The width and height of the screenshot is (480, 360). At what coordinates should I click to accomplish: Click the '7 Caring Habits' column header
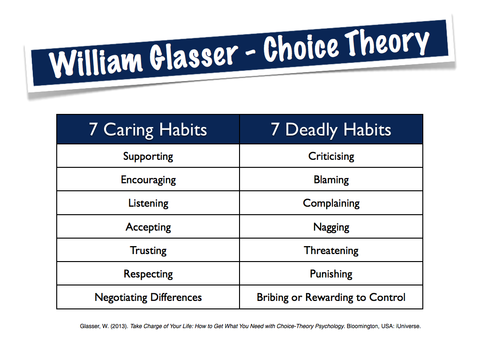tap(148, 129)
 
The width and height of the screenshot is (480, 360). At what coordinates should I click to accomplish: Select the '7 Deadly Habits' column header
tap(331, 129)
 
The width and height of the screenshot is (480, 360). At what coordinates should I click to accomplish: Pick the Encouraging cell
tap(148, 180)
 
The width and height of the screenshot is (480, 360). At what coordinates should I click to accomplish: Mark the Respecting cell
tap(148, 274)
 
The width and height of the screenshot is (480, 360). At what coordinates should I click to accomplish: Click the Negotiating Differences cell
tap(148, 297)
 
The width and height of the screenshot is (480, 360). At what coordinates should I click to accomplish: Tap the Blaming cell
tap(331, 180)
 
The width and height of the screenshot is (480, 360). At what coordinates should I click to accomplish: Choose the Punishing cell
tap(331, 274)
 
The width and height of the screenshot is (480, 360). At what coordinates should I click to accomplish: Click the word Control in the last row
tap(387, 297)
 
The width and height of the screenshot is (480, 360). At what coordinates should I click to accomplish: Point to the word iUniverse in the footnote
tap(408, 326)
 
